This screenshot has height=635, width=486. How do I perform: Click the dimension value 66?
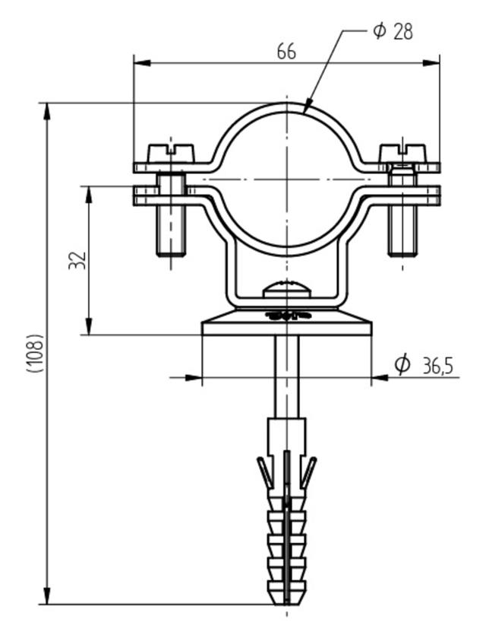coord(286,51)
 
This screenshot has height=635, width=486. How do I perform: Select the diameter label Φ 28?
coord(393,31)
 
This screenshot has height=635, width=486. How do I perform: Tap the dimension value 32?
coord(77,260)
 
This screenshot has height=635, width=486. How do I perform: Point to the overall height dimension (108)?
coord(34,353)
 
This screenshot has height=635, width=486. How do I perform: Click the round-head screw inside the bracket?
coord(286,290)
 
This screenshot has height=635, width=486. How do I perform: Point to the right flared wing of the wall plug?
coord(308,471)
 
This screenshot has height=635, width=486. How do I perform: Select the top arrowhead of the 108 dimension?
coord(47,110)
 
